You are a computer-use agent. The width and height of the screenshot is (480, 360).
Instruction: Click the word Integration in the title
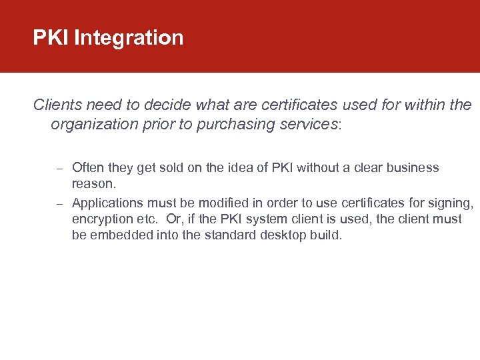(x=129, y=38)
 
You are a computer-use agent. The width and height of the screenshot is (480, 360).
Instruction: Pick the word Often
(x=88, y=167)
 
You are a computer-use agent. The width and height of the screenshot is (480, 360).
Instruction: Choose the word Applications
(x=106, y=202)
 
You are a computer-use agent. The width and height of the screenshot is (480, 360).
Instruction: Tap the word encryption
(x=102, y=219)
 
